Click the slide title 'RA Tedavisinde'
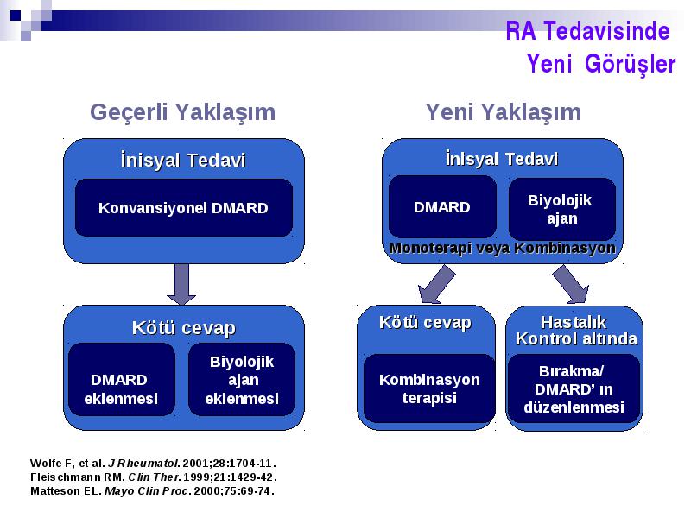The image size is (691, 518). pyautogui.click(x=587, y=31)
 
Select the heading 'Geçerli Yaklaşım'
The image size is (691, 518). pyautogui.click(x=182, y=112)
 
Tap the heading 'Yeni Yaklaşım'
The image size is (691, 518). pyautogui.click(x=504, y=112)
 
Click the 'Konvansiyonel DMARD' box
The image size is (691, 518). pyautogui.click(x=184, y=207)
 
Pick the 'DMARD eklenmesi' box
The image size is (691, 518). pyautogui.click(x=122, y=379)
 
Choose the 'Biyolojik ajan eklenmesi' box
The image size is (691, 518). pyautogui.click(x=242, y=379)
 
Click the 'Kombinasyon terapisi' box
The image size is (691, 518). pyautogui.click(x=429, y=388)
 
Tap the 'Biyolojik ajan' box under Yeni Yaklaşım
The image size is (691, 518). pyautogui.click(x=562, y=209)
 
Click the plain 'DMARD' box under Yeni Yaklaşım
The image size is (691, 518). pyautogui.click(x=442, y=207)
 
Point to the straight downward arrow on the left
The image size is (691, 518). pyautogui.click(x=181, y=284)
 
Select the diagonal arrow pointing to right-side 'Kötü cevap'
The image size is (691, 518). pyautogui.click(x=436, y=284)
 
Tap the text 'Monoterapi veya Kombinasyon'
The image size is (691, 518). pyautogui.click(x=502, y=248)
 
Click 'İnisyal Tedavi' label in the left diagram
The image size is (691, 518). pyautogui.click(x=183, y=160)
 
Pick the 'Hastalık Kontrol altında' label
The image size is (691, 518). pyautogui.click(x=576, y=331)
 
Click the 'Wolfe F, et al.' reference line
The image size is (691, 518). pyautogui.click(x=154, y=464)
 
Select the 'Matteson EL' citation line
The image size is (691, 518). pyautogui.click(x=153, y=490)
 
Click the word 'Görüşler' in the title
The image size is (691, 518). pyautogui.click(x=631, y=64)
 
